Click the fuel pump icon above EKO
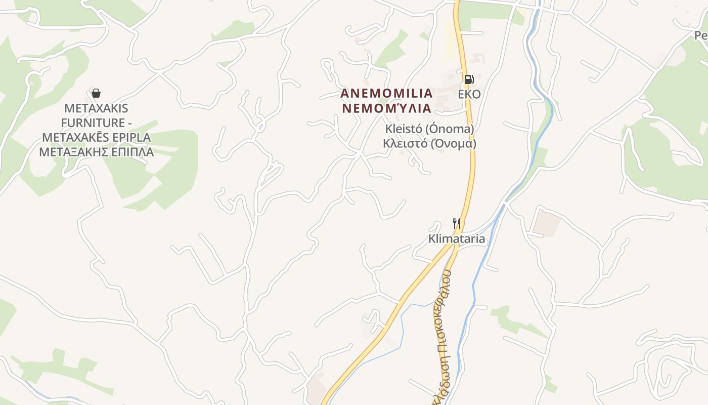point(469,79)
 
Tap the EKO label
point(469,95)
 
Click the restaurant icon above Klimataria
point(456,223)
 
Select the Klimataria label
point(457,239)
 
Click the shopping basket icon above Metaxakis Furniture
point(96,93)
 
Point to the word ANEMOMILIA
point(386,94)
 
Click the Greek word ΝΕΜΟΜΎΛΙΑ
point(386,108)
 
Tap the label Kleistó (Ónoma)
point(429,129)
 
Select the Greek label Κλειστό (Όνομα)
point(429,143)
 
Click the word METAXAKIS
point(96,108)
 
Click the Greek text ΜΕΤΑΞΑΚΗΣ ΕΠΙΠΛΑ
point(96,152)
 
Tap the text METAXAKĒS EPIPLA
point(96,138)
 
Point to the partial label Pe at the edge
point(701,35)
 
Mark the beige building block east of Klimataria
point(547,223)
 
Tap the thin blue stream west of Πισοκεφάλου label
point(402,329)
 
